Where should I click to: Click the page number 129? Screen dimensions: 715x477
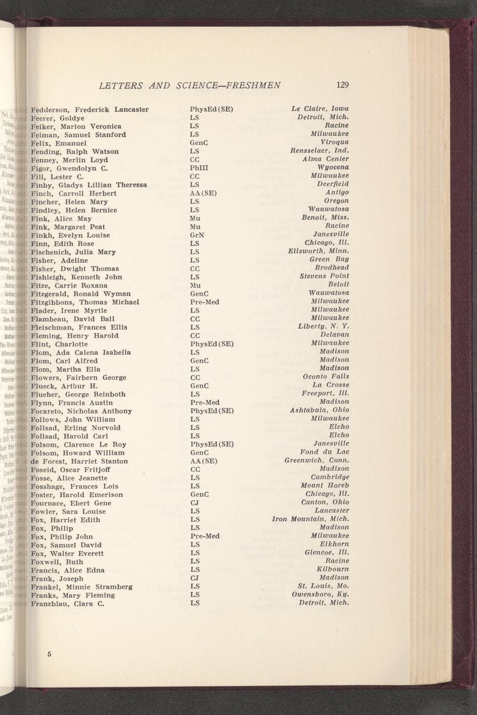(x=342, y=85)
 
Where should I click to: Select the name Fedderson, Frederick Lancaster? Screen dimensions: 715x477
(x=90, y=110)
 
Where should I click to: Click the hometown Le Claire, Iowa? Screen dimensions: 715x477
(x=320, y=109)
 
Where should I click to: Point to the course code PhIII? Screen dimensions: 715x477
(x=199, y=168)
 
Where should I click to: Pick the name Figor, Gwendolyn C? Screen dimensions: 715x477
(x=69, y=168)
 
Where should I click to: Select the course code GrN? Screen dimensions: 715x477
(x=197, y=235)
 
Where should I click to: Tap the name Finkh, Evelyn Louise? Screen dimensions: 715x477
(x=70, y=235)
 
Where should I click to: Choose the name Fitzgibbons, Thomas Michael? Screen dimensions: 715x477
(x=85, y=302)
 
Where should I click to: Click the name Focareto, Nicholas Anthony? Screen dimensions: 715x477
(x=81, y=411)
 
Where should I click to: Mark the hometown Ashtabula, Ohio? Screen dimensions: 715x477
(x=320, y=410)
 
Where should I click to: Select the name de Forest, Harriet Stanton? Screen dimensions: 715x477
(x=79, y=461)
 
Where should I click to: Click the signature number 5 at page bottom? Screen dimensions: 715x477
(x=49, y=654)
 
